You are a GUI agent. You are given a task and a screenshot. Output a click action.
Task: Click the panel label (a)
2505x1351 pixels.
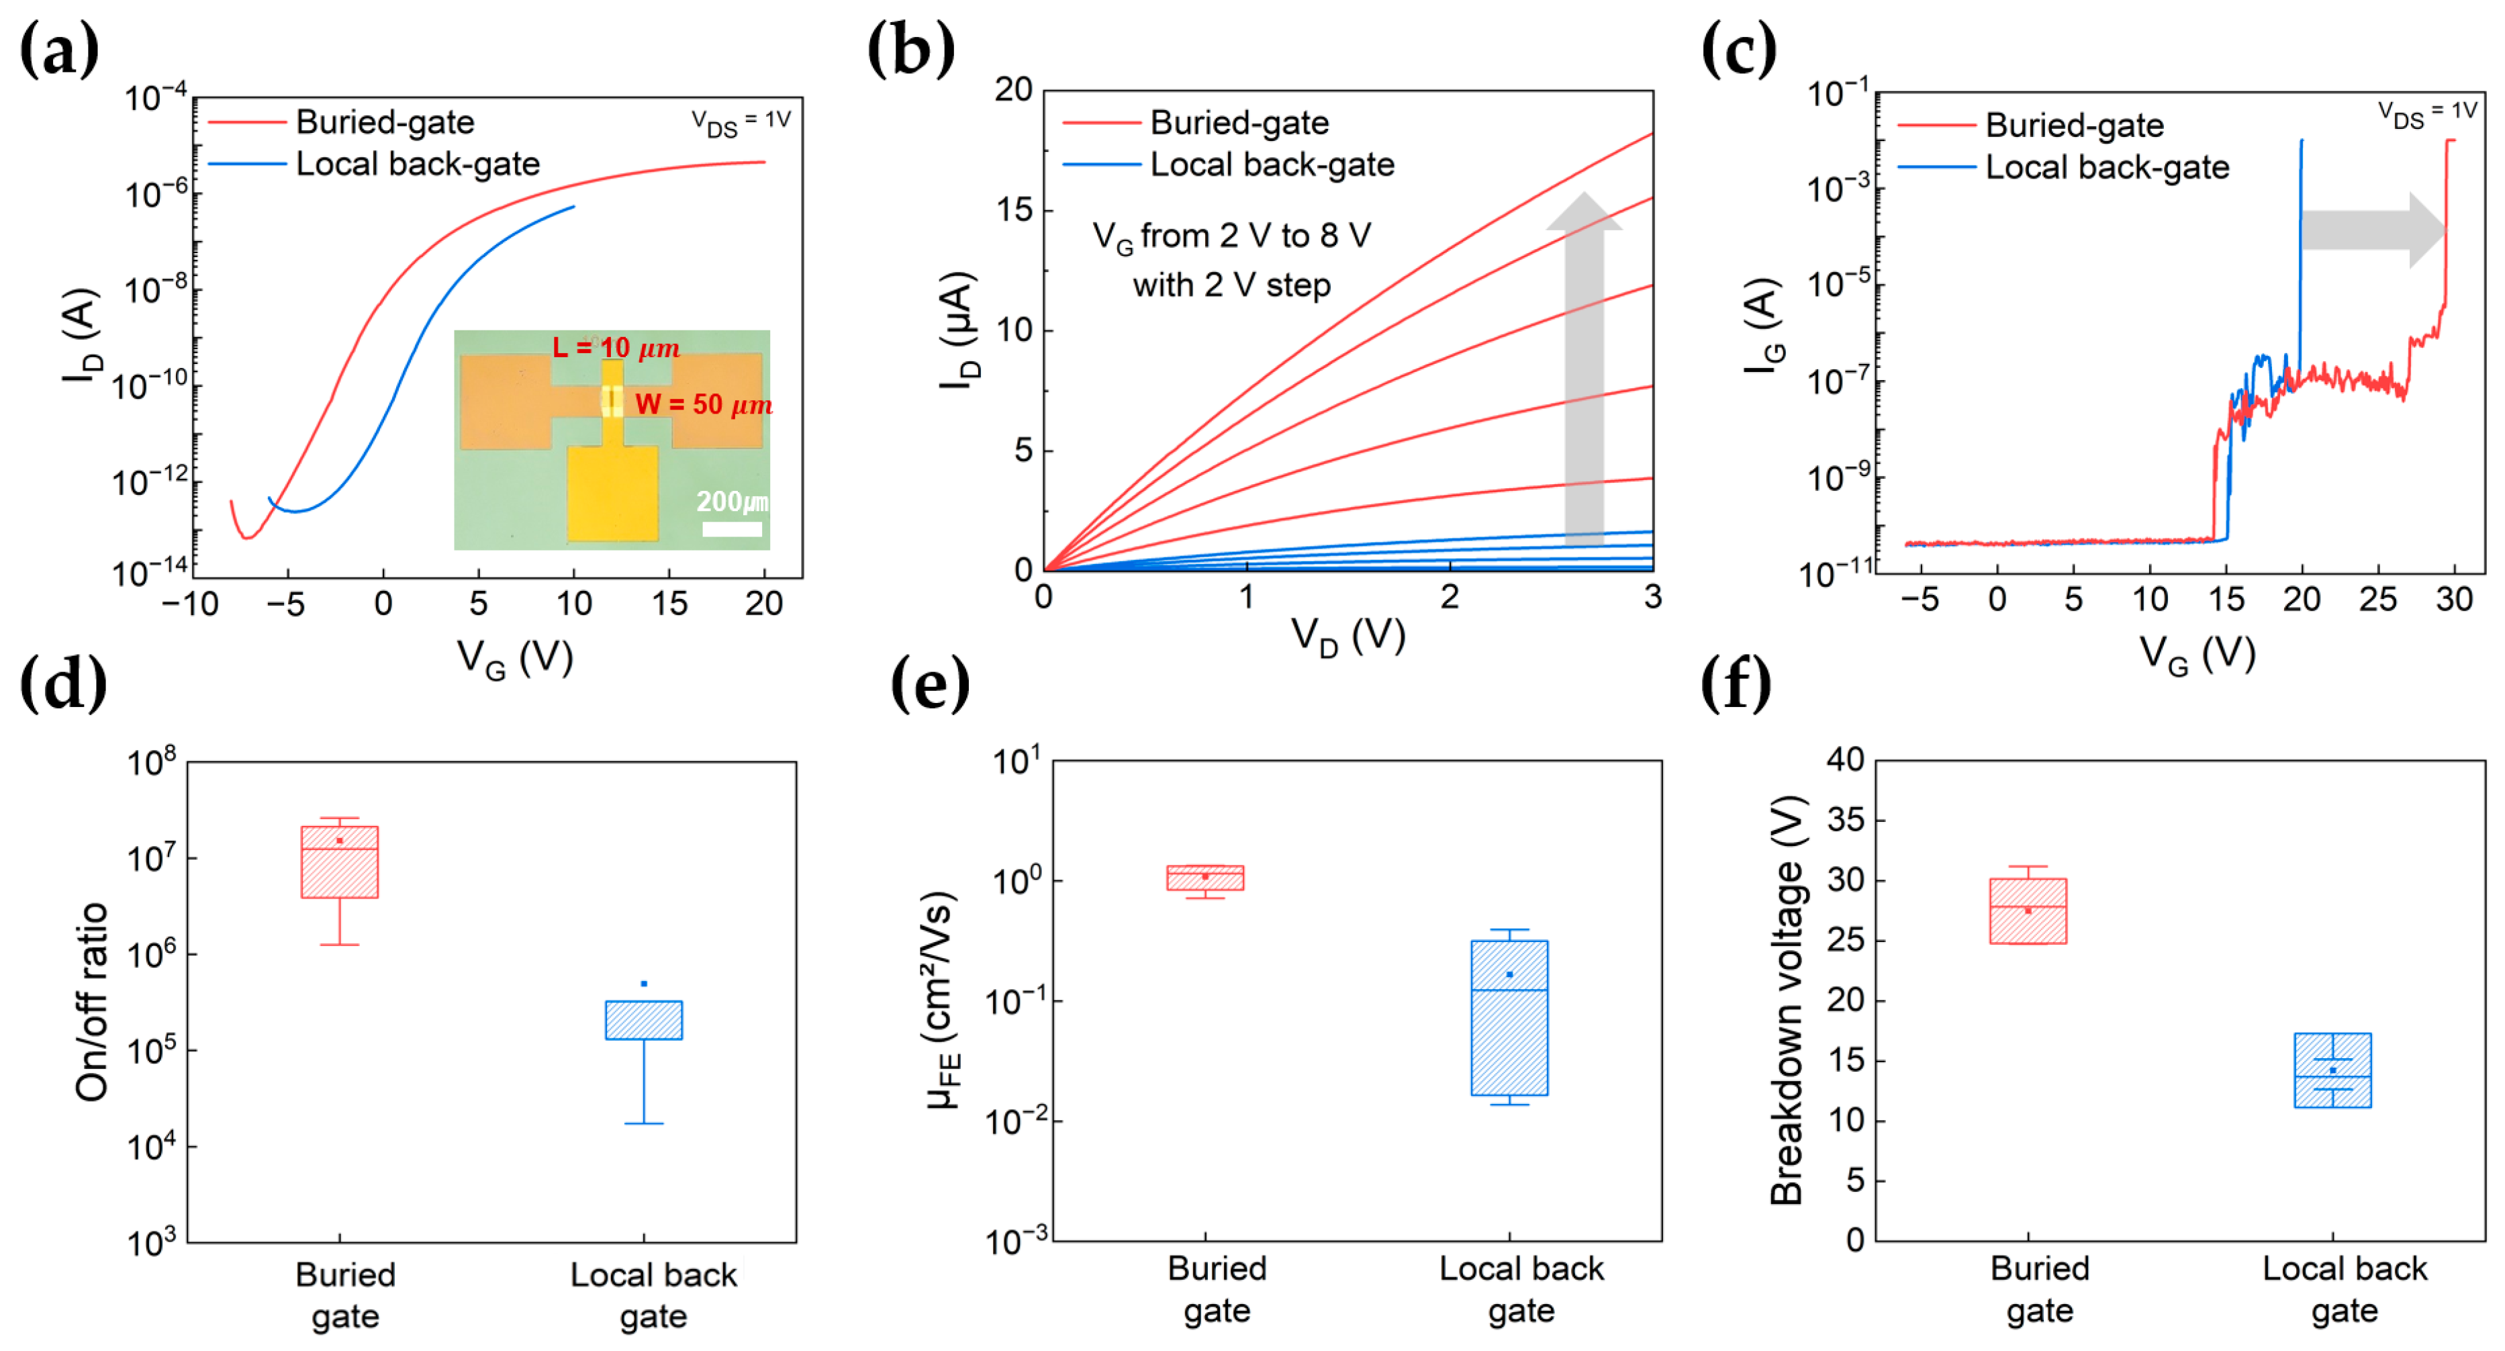click(x=58, y=50)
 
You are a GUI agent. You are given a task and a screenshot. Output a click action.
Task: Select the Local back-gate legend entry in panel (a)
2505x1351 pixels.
click(x=417, y=165)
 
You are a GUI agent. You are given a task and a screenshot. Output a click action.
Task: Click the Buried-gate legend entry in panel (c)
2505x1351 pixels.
click(x=2073, y=126)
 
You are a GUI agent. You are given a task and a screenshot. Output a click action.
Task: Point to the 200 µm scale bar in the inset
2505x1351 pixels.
click(x=731, y=529)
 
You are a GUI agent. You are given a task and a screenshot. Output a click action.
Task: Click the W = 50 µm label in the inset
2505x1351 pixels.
click(x=703, y=405)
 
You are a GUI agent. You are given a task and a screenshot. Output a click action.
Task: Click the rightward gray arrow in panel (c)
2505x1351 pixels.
click(x=2373, y=230)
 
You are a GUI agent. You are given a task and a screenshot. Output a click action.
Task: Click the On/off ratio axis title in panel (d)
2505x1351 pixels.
click(x=93, y=1001)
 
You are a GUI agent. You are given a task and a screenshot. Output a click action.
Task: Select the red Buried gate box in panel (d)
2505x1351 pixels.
click(x=339, y=861)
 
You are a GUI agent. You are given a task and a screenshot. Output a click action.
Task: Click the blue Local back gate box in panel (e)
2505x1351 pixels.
click(x=1509, y=1017)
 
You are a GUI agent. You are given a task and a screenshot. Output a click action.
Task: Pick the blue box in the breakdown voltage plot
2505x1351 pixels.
click(x=2332, y=1070)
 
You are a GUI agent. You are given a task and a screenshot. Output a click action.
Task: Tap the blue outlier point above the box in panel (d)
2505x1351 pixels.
click(x=644, y=983)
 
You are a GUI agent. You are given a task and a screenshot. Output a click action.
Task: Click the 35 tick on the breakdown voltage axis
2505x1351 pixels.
click(x=1845, y=820)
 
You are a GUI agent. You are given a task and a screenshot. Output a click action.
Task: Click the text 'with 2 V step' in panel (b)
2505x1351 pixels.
click(x=1231, y=286)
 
